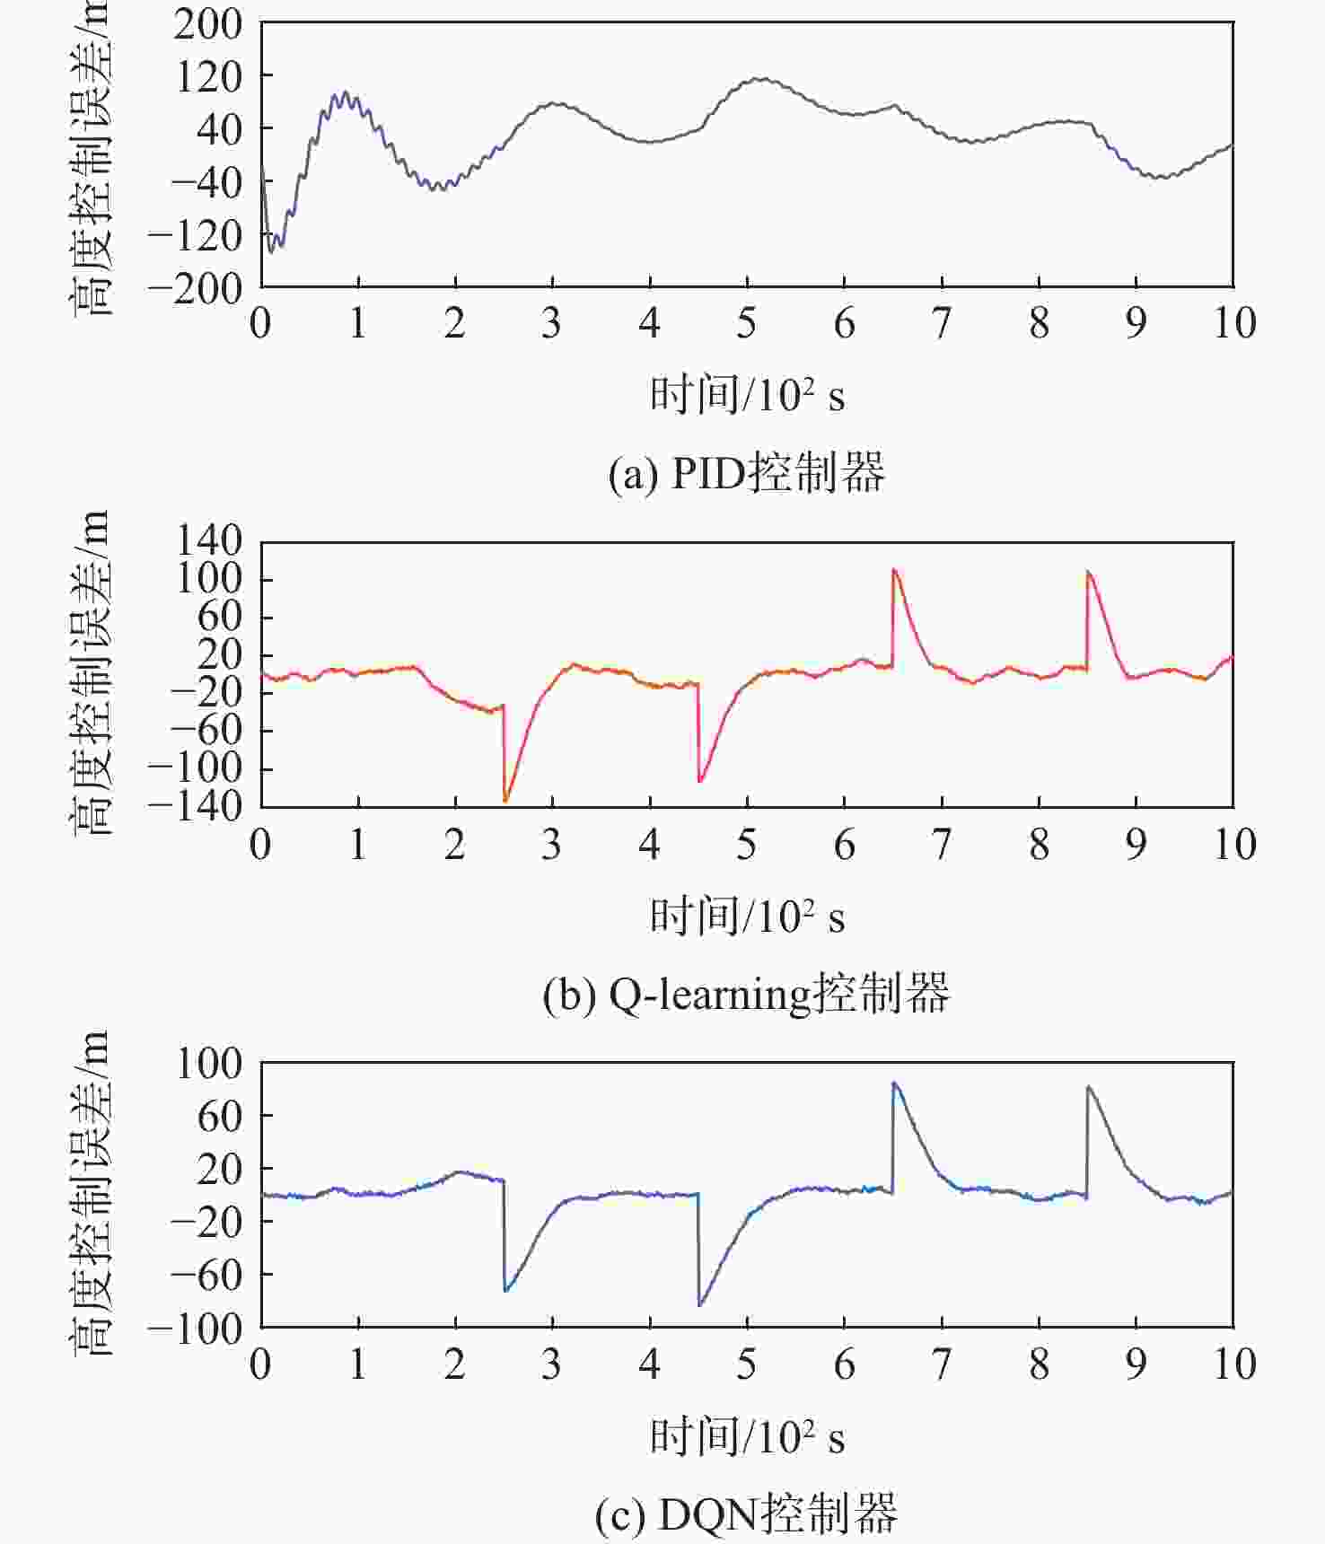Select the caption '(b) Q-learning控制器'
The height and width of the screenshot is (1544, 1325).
tap(746, 994)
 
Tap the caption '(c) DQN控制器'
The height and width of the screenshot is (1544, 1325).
tap(746, 1514)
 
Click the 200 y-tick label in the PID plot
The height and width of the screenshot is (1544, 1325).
tap(208, 25)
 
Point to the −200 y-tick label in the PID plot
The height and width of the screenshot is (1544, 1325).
tap(196, 289)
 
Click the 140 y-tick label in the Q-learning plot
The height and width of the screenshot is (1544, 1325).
tap(208, 542)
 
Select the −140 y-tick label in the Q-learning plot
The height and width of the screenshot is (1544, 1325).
tap(196, 807)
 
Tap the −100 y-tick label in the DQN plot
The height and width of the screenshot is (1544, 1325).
tap(196, 1329)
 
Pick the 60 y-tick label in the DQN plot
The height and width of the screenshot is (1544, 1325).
tap(220, 1117)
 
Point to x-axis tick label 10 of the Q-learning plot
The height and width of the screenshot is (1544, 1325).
tap(1234, 845)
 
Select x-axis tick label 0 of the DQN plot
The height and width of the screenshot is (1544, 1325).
tap(260, 1364)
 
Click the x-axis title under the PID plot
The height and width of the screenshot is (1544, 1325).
tap(747, 395)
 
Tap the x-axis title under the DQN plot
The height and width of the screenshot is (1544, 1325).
tap(747, 1436)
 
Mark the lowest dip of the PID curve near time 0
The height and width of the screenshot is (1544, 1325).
tap(270, 252)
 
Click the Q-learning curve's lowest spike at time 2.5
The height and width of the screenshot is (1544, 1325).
tap(505, 800)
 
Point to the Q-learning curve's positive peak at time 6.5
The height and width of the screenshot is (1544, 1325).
tap(894, 569)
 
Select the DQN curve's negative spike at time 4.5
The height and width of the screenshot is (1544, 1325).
tap(700, 1304)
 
